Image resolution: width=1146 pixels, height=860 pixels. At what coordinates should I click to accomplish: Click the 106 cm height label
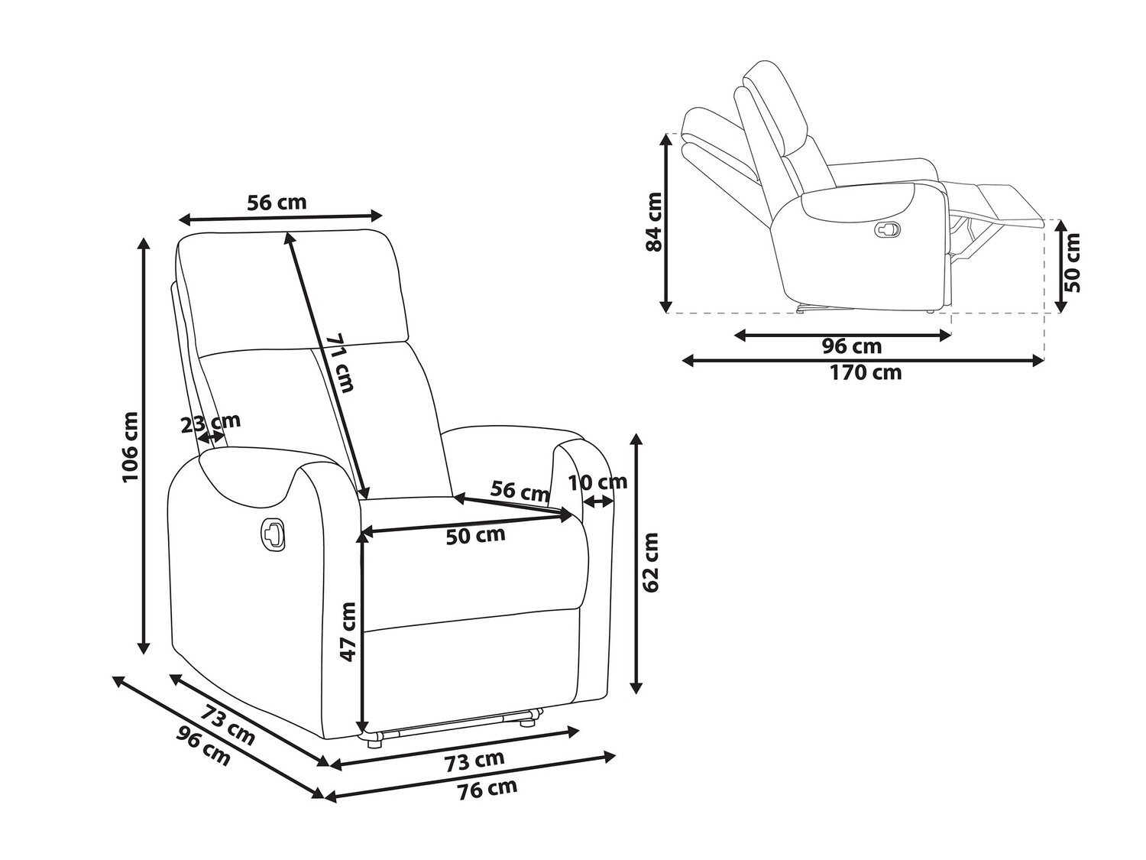point(130,447)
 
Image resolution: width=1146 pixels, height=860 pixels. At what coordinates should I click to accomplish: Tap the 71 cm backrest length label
point(339,362)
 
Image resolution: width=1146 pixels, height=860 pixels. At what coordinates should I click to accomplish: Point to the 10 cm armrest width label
point(597,482)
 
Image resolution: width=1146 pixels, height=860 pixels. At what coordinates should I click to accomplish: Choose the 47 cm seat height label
point(348,631)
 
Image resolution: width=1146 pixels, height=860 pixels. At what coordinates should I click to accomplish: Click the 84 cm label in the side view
point(654,222)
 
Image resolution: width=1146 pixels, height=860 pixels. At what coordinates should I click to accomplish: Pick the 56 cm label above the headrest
point(277,202)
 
